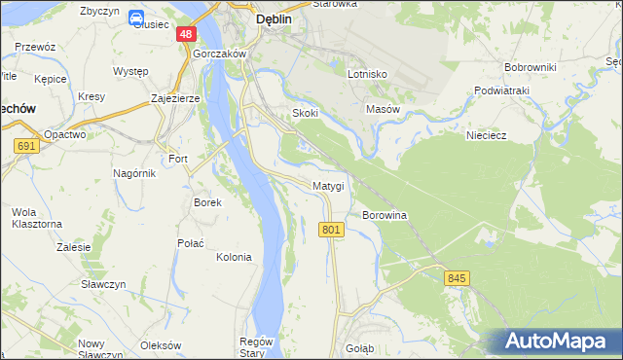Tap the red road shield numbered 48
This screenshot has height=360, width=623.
186,34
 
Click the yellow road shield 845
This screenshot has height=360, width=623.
458,278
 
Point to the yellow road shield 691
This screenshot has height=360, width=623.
26,146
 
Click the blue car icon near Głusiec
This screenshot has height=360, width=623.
137,18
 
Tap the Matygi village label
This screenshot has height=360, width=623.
328,186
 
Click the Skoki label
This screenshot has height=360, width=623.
306,114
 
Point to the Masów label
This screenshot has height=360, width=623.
383,110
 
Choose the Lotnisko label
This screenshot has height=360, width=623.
368,74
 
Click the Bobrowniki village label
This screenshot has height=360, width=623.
530,67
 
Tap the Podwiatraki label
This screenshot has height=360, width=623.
500,90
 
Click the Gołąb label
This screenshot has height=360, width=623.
359,347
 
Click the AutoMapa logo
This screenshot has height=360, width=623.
558,342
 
